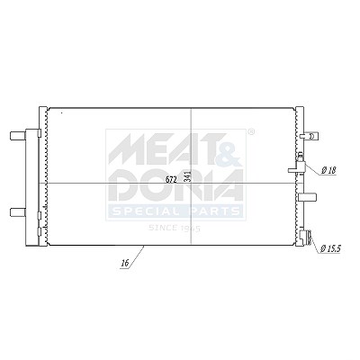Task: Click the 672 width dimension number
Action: tap(171, 180)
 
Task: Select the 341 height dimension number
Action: tap(187, 176)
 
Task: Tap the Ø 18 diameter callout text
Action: tap(328, 171)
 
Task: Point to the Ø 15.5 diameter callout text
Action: tap(330, 248)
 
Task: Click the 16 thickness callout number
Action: tap(125, 264)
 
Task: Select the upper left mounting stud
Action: tap(18, 136)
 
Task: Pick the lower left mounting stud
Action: tap(18, 212)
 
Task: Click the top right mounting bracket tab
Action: tap(309, 136)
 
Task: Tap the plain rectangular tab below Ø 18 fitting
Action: tap(308, 197)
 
